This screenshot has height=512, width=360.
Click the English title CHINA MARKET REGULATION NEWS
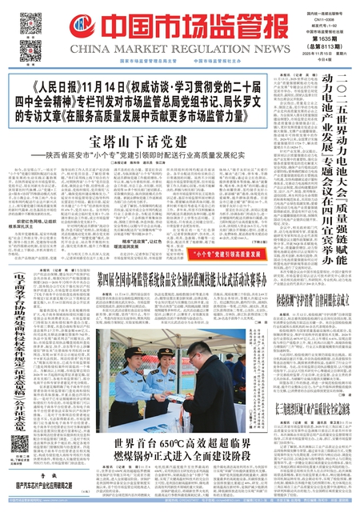point(170,50)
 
